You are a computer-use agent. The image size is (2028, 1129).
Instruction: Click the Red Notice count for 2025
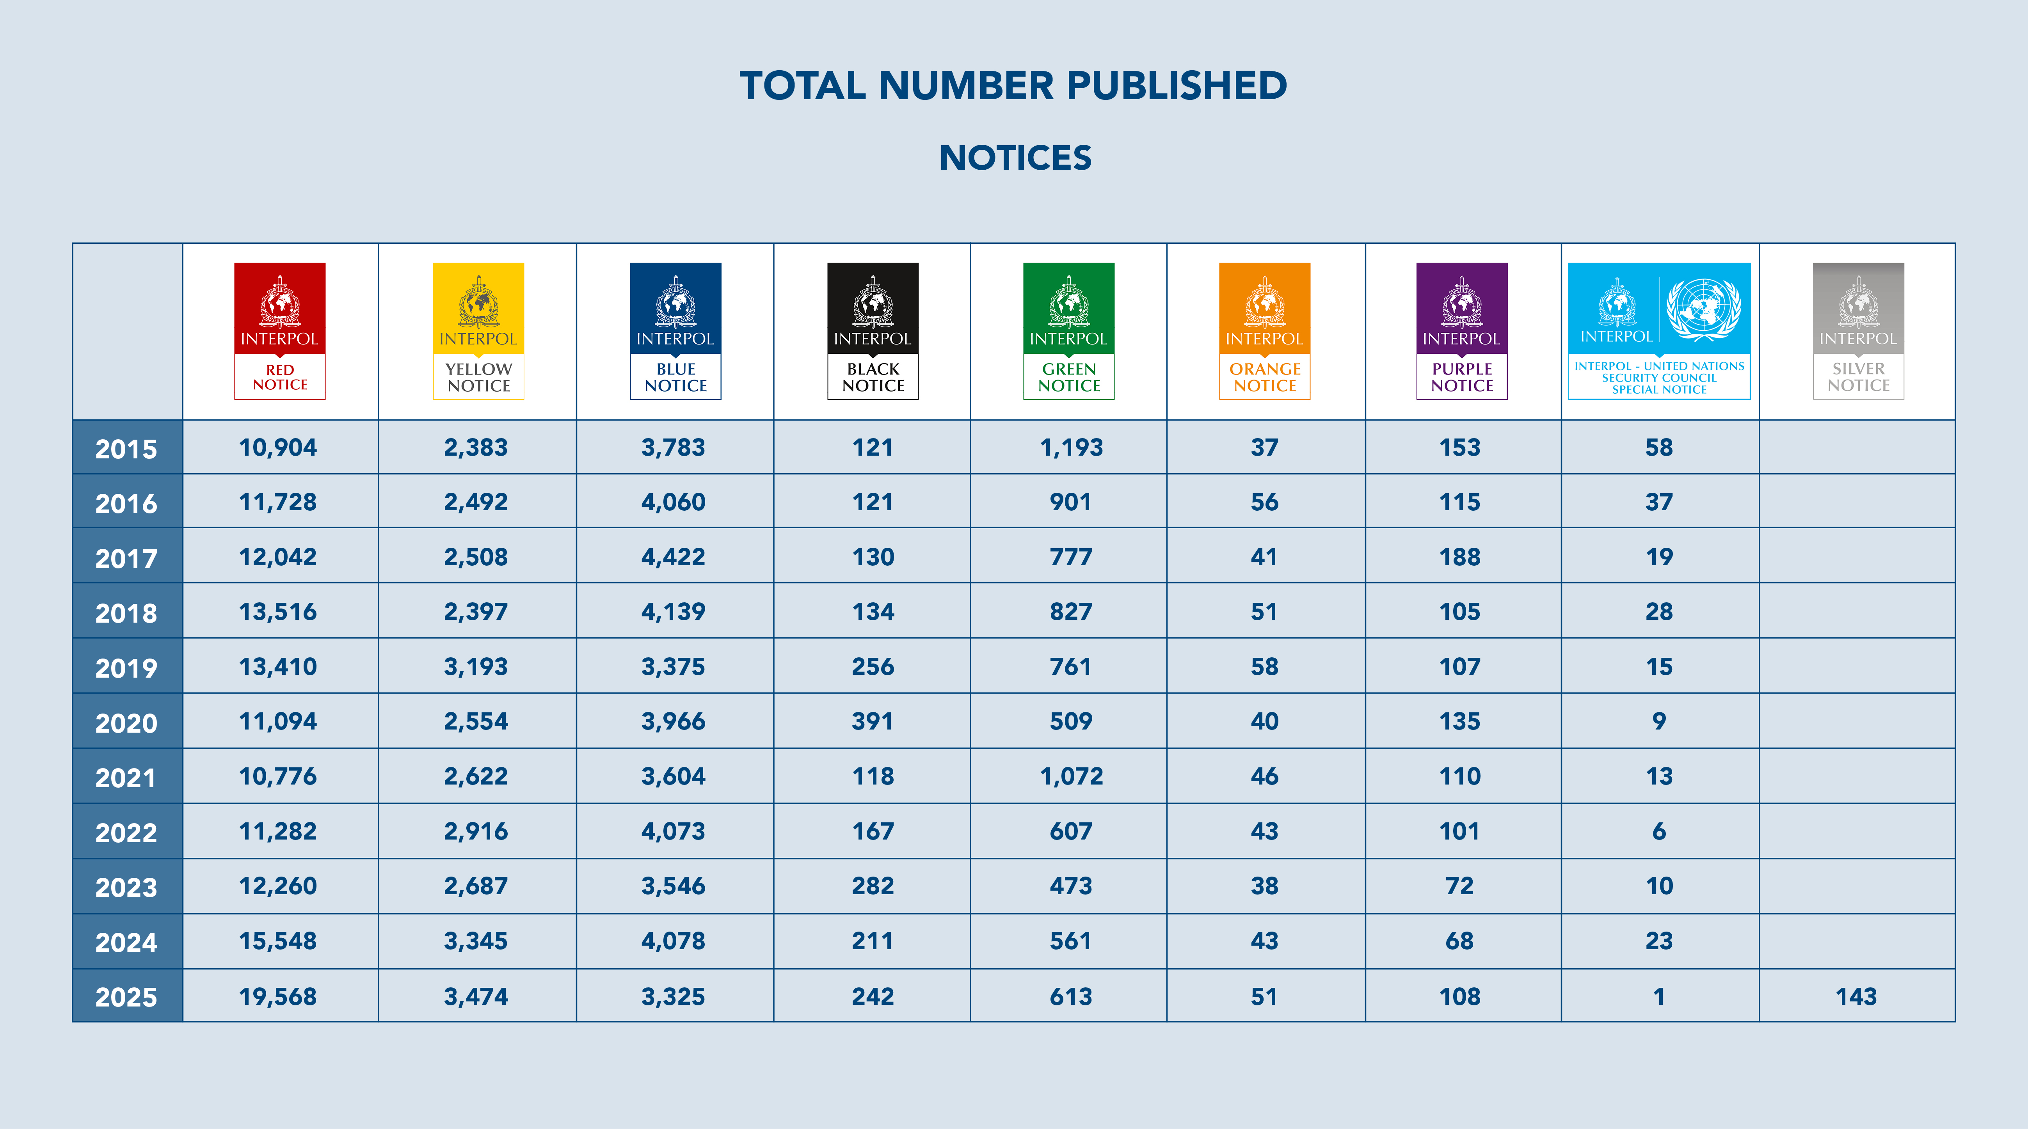(278, 997)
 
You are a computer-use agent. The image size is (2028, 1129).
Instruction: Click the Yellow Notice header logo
(478, 331)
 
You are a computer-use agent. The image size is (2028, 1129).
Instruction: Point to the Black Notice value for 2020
(872, 721)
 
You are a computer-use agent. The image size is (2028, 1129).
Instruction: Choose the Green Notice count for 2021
(1071, 776)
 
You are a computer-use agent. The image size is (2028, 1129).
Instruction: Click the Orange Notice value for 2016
(1264, 502)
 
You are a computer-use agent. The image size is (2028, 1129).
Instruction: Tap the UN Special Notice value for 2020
(1659, 721)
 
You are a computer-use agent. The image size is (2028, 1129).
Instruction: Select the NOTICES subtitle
(1015, 158)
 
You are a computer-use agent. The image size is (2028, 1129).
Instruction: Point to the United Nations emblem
(1703, 309)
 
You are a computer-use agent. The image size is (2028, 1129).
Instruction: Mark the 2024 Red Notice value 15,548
(278, 941)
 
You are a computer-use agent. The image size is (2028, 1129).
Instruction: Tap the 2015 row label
(126, 449)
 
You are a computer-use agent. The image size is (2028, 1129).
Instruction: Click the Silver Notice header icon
(1858, 331)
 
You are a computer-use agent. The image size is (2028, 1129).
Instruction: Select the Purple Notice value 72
(1459, 886)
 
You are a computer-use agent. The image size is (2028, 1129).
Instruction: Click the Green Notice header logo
(1068, 331)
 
